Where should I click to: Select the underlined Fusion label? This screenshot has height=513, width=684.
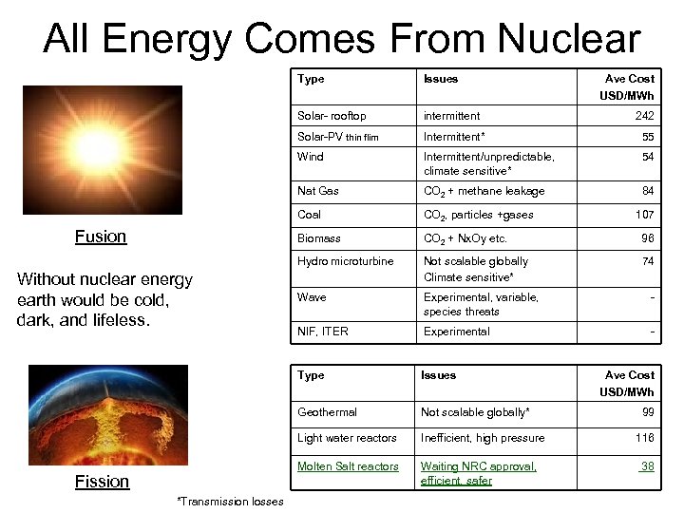(x=101, y=237)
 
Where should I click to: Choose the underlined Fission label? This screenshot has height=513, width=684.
(x=102, y=481)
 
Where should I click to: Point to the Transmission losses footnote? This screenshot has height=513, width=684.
(x=229, y=502)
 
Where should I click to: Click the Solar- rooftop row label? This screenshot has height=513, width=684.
(x=332, y=116)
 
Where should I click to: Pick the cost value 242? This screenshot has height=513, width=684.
(x=644, y=116)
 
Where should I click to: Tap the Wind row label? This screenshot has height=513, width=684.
(x=310, y=156)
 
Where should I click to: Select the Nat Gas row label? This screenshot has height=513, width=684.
(x=318, y=191)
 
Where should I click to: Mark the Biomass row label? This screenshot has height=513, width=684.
(x=319, y=238)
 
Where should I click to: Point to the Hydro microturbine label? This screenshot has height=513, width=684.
(x=346, y=261)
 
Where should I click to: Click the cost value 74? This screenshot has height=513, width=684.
(x=647, y=261)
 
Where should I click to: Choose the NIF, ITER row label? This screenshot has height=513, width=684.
(x=322, y=332)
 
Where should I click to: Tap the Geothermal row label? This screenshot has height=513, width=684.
(x=327, y=412)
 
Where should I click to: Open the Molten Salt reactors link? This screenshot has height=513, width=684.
(x=348, y=466)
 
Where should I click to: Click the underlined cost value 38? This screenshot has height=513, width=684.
(x=646, y=466)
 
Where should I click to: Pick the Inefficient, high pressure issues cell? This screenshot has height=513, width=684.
(x=483, y=438)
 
